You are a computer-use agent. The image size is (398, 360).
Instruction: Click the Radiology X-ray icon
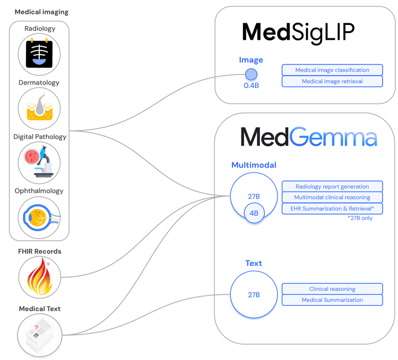pos(39,54)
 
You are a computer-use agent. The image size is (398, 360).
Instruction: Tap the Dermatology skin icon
pos(39,109)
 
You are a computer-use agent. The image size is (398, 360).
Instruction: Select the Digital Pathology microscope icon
pos(39,163)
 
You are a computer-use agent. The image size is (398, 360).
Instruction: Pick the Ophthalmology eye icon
pos(39,217)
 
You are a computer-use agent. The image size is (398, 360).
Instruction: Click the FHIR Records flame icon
pos(39,277)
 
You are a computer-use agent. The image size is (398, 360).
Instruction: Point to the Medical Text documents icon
pos(39,335)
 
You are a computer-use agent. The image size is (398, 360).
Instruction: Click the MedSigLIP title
pos(298,32)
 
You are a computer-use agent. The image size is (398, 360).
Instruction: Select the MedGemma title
pos(309,137)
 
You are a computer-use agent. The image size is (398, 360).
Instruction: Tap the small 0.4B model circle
pos(251,74)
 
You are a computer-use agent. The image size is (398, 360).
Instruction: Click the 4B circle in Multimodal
pos(254,214)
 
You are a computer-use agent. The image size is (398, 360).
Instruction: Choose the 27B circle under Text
pos(254,294)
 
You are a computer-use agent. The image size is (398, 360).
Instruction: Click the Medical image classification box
pos(332,70)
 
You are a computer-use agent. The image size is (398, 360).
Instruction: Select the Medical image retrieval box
pos(332,82)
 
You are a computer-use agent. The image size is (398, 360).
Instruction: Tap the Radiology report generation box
pos(332,186)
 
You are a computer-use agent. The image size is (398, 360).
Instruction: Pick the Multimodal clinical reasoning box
pos(332,197)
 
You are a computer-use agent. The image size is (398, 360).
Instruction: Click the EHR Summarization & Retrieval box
pos(332,208)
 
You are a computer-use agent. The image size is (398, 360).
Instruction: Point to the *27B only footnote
pos(360,218)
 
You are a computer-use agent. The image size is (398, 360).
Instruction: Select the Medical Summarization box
pos(332,300)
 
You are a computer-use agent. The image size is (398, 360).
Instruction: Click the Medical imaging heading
pos(41,12)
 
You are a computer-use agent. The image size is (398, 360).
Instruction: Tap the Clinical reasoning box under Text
pos(332,289)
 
